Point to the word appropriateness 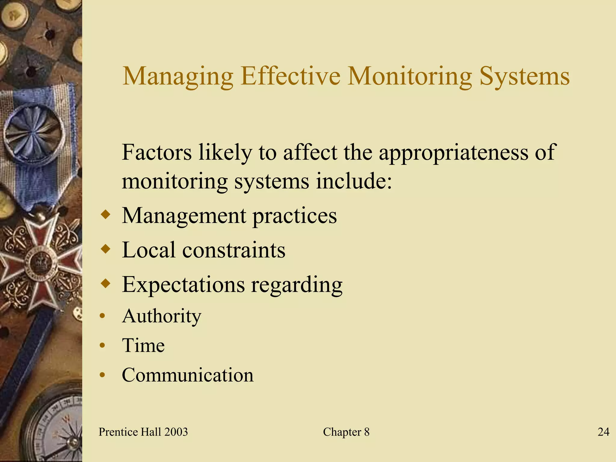click(453, 153)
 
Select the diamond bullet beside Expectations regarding click(106, 283)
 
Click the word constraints click(234, 250)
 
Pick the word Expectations click(183, 285)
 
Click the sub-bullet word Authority click(162, 316)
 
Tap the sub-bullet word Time click(143, 345)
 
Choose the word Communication click(187, 375)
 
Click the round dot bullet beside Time click(103, 345)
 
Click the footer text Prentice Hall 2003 click(143, 432)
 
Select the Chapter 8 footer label click(346, 432)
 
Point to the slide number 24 click(603, 432)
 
